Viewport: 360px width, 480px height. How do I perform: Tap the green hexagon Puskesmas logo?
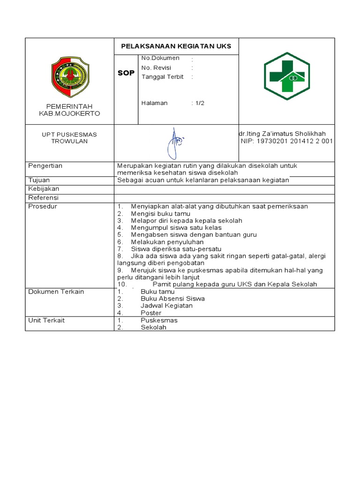point(286,76)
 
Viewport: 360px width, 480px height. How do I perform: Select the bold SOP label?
point(126,73)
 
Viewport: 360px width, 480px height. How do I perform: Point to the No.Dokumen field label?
point(160,58)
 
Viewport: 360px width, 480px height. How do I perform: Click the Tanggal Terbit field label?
point(163,77)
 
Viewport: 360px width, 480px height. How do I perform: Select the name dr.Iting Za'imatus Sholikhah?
point(286,134)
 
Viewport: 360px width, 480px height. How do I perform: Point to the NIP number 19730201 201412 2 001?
point(286,141)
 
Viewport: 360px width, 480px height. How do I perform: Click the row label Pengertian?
point(45,166)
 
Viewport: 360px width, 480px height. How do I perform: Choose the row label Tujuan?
point(39,180)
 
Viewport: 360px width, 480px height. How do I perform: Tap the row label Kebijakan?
point(44,189)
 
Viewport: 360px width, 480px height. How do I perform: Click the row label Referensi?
point(44,198)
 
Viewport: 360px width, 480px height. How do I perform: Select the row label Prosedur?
point(42,206)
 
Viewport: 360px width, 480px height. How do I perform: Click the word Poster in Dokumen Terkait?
point(151,313)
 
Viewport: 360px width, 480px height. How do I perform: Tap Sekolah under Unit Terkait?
point(153,327)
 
